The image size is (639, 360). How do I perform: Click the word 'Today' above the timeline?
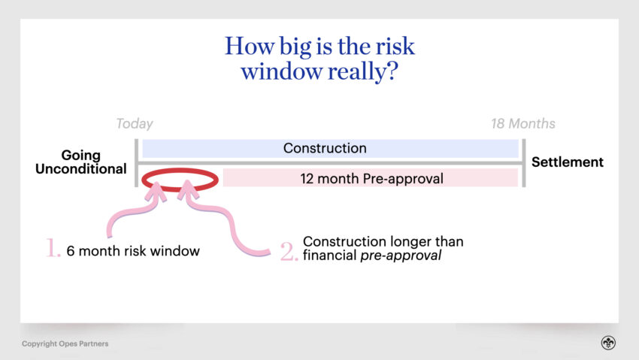(x=135, y=123)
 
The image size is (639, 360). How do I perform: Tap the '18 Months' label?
(x=523, y=123)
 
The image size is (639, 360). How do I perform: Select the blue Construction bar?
(x=330, y=148)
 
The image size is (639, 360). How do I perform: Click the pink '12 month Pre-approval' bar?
(x=371, y=178)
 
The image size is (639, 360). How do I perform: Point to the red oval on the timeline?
(x=180, y=170)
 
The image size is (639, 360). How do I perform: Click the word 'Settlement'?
(x=568, y=162)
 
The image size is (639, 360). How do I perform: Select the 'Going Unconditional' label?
(x=80, y=162)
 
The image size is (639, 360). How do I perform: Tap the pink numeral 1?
(x=53, y=248)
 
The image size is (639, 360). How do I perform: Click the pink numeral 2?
(x=289, y=251)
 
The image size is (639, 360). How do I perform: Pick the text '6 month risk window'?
(x=133, y=251)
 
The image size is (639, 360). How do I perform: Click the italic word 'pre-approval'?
(x=401, y=256)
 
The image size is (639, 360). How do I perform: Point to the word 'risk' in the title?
(x=395, y=46)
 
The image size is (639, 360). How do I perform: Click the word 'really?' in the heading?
(x=362, y=72)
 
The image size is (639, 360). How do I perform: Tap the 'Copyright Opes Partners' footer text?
(x=65, y=343)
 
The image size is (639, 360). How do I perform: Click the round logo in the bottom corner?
(x=608, y=343)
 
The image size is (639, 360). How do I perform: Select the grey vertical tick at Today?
(x=137, y=163)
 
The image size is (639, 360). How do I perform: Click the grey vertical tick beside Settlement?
(x=524, y=163)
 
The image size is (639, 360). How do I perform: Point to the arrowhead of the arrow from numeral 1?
(x=156, y=191)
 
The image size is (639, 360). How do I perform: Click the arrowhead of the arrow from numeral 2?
(x=188, y=189)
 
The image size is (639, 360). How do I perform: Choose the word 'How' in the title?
(x=250, y=46)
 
